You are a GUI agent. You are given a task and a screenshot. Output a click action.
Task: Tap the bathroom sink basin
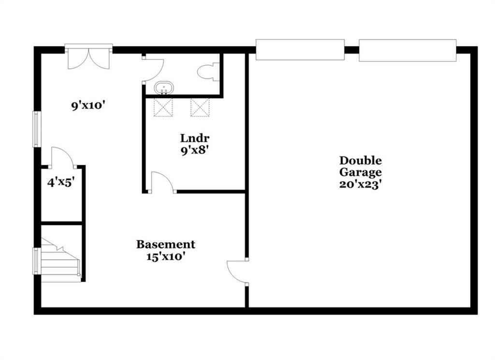[164, 88]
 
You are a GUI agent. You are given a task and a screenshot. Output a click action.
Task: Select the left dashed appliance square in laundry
[163, 107]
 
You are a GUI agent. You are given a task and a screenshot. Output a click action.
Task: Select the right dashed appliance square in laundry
[200, 107]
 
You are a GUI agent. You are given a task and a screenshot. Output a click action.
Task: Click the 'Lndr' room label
[195, 138]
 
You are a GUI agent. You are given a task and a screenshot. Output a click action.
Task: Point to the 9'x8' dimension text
[195, 150]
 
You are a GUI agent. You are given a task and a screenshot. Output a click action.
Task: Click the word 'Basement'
[166, 244]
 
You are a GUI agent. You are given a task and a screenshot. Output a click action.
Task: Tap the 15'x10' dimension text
[165, 256]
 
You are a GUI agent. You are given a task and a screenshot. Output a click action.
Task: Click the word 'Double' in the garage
[361, 161]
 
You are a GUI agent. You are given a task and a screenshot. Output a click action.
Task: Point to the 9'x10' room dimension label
[88, 105]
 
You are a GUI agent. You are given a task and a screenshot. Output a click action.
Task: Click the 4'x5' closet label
[61, 182]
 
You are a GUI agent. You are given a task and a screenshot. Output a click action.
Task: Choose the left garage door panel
[300, 49]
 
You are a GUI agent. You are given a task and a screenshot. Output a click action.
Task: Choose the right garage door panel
[408, 50]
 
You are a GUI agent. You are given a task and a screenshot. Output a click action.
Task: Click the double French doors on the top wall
[89, 57]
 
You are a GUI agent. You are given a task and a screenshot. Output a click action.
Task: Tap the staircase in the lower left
[60, 261]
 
